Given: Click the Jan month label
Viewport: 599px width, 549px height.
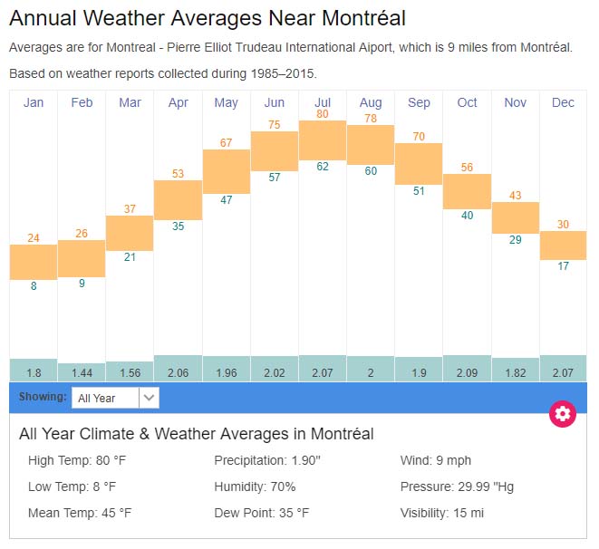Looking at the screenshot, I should pyautogui.click(x=34, y=102).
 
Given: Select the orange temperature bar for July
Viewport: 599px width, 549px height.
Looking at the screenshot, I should pyautogui.click(x=323, y=140).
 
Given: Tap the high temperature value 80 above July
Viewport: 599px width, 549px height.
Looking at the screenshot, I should pyautogui.click(x=323, y=114).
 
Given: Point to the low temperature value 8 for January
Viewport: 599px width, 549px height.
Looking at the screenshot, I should pyautogui.click(x=34, y=286).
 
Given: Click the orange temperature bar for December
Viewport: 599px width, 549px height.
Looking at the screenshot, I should pyautogui.click(x=563, y=245).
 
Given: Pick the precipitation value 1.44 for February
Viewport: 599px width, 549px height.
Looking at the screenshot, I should pyautogui.click(x=82, y=373).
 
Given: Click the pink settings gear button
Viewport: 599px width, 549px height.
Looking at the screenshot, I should pyautogui.click(x=563, y=414).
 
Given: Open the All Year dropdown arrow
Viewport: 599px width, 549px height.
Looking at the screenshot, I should pyautogui.click(x=150, y=397).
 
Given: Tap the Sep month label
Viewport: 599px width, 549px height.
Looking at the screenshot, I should pyautogui.click(x=419, y=102).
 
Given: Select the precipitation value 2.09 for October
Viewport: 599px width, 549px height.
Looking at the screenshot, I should pyautogui.click(x=467, y=373).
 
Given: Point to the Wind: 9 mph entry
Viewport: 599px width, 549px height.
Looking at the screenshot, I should pyautogui.click(x=436, y=460).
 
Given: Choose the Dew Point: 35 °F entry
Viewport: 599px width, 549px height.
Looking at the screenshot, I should pyautogui.click(x=262, y=513).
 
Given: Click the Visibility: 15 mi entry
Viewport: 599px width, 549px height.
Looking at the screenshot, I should pyautogui.click(x=442, y=513).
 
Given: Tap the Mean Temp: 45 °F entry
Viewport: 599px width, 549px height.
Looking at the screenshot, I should pyautogui.click(x=80, y=513).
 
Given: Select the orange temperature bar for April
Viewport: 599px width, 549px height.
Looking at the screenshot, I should pyautogui.click(x=178, y=199).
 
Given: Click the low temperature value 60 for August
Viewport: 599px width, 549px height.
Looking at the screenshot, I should pyautogui.click(x=371, y=170).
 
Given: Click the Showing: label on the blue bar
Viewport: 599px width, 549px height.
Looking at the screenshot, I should pyautogui.click(x=43, y=397).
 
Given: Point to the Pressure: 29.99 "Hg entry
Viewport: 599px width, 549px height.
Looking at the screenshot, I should pyautogui.click(x=457, y=486).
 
